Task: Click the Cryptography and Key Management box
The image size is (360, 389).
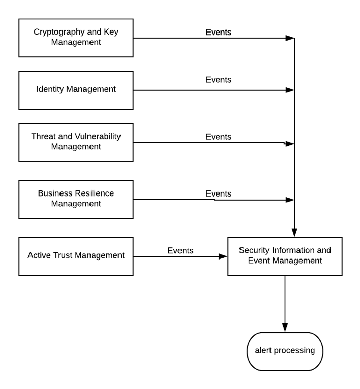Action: (x=76, y=38)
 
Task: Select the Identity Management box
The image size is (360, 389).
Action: (x=76, y=90)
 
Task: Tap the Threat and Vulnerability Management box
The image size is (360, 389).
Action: (x=76, y=142)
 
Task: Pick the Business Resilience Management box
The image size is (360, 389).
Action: (x=76, y=200)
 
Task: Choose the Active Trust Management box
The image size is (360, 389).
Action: (x=76, y=256)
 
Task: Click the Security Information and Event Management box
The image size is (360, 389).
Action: (x=285, y=256)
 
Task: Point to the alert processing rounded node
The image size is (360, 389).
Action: (x=285, y=351)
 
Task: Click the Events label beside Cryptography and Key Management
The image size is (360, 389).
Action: (x=218, y=33)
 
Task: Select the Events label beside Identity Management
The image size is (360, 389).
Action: (x=218, y=80)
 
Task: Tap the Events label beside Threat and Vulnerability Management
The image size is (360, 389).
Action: (x=218, y=137)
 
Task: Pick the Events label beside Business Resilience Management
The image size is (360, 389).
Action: (x=218, y=194)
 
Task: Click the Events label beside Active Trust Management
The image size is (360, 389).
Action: (x=181, y=250)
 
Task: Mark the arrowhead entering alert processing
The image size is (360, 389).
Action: (x=285, y=328)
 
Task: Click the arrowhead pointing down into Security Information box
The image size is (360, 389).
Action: (x=294, y=233)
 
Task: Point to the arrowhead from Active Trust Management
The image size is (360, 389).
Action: (x=223, y=256)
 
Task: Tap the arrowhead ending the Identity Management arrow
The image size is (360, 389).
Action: (x=290, y=90)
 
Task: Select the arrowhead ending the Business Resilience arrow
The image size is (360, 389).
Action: (x=290, y=200)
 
